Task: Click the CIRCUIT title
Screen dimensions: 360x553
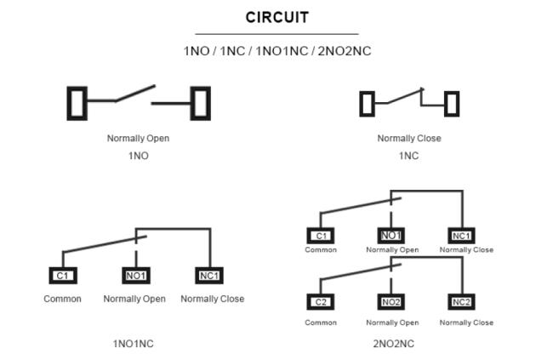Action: coord(276,17)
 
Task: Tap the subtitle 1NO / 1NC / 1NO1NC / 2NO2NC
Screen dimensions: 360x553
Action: coord(276,51)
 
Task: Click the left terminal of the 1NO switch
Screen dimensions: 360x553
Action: coord(77,103)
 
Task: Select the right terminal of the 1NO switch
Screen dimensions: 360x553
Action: coord(201,103)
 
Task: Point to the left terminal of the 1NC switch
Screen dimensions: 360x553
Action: coord(367,104)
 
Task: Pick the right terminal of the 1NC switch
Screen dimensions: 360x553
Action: coord(452,104)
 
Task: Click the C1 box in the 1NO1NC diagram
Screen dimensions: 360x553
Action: coord(63,276)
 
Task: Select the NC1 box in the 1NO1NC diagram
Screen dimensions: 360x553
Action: coord(209,276)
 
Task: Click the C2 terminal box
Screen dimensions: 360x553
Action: coord(321,302)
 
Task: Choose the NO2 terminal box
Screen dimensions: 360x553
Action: coord(391,302)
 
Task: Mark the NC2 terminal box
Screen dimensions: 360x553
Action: coord(462,302)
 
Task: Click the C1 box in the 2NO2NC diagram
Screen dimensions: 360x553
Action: coord(321,236)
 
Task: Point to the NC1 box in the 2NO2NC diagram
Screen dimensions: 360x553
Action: coord(463,236)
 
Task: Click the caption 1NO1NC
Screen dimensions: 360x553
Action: coord(134,343)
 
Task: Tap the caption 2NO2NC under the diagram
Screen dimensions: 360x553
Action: coord(392,343)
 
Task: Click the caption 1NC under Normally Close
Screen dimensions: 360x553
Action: coord(409,156)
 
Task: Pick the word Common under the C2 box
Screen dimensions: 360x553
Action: coord(321,323)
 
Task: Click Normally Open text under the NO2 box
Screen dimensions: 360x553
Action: coord(392,323)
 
